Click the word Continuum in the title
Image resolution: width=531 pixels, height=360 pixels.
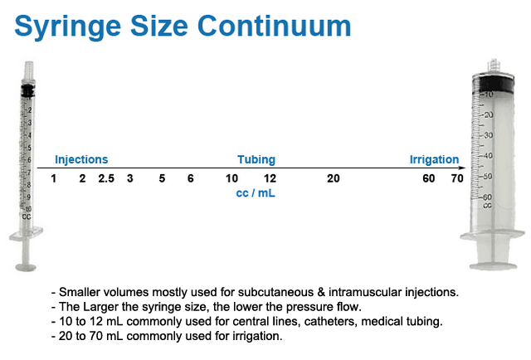pyautogui.click(x=275, y=26)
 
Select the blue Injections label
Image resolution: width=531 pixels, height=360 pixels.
pyautogui.click(x=81, y=159)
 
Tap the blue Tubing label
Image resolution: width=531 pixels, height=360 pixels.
pyautogui.click(x=256, y=159)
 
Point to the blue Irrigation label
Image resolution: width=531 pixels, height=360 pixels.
pyautogui.click(x=434, y=159)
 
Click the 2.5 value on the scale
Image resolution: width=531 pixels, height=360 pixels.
pyautogui.click(x=106, y=178)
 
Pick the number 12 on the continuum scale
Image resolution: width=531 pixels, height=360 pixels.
pyautogui.click(x=270, y=178)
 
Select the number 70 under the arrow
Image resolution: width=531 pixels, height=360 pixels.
pyautogui.click(x=457, y=178)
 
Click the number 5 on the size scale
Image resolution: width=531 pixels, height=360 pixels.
pyautogui.click(x=162, y=178)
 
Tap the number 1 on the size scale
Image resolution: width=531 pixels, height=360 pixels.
pyautogui.click(x=53, y=178)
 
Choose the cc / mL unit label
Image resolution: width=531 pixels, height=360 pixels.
pyautogui.click(x=256, y=193)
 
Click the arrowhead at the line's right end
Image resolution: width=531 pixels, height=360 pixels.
pyautogui.click(x=463, y=168)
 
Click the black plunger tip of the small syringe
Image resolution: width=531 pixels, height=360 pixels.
pyautogui.click(x=27, y=90)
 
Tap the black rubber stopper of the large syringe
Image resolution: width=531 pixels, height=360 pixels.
pyautogui.click(x=494, y=85)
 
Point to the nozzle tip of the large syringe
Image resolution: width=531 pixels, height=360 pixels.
pyautogui.click(x=494, y=65)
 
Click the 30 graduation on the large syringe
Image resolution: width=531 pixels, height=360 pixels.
pyautogui.click(x=488, y=135)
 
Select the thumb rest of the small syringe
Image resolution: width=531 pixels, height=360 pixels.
pyautogui.click(x=26, y=268)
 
